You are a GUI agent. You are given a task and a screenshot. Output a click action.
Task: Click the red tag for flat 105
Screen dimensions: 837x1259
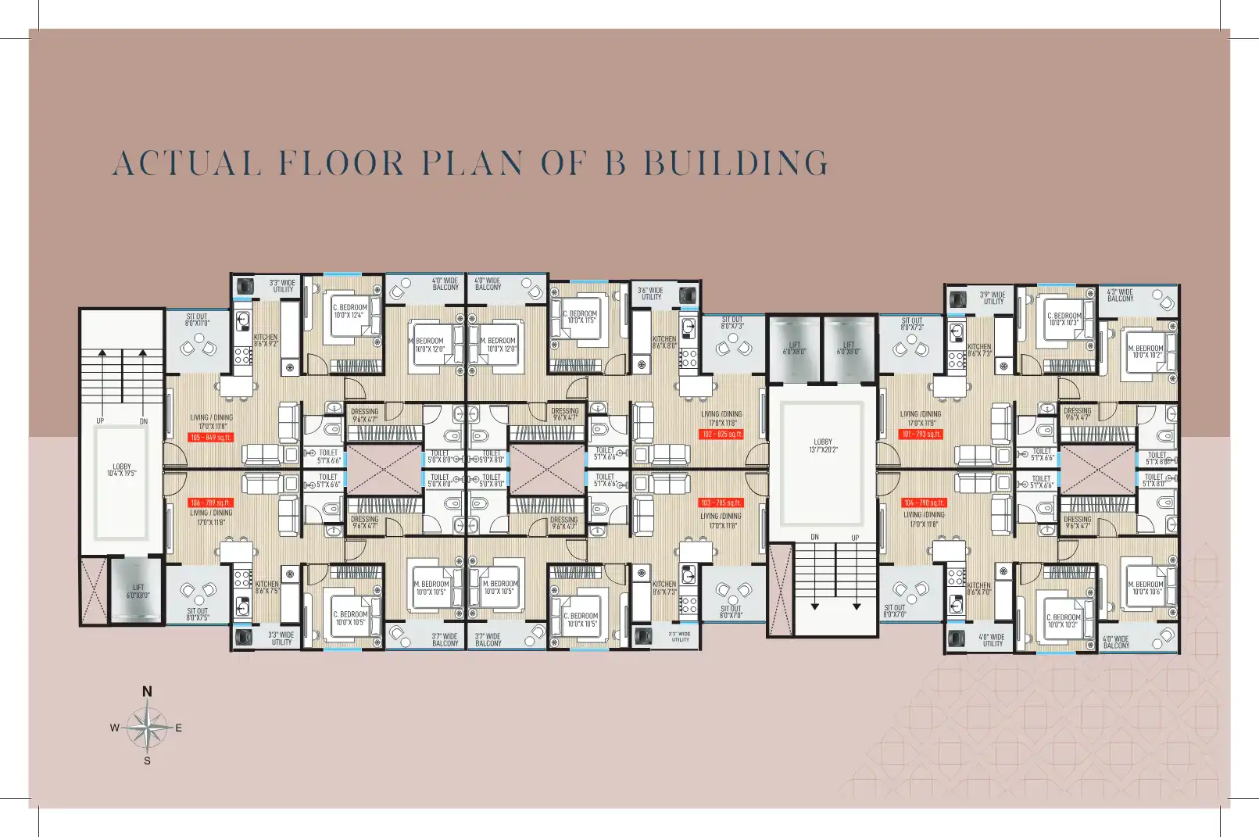[210, 438]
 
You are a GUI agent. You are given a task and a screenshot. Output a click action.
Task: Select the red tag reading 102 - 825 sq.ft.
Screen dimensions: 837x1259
[721, 435]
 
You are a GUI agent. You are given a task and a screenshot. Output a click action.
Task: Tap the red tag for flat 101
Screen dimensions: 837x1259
[922, 435]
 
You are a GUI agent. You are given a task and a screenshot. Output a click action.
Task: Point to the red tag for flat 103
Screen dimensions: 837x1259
[721, 503]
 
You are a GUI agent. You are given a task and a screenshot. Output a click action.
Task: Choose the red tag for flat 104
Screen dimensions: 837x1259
[924, 503]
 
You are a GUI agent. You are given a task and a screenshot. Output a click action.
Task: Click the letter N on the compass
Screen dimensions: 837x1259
[147, 692]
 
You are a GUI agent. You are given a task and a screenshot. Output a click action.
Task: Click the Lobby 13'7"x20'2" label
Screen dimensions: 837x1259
[823, 445]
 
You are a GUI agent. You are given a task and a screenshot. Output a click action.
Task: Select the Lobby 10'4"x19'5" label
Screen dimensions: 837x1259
[122, 470]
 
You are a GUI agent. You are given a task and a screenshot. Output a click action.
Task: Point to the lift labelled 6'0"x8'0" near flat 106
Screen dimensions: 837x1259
[138, 591]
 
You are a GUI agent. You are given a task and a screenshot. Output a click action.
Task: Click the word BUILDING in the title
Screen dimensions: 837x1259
[735, 163]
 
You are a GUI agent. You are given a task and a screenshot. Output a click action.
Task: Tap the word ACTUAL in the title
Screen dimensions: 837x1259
[185, 163]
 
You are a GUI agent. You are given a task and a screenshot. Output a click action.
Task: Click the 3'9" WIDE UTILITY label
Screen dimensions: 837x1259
[993, 298]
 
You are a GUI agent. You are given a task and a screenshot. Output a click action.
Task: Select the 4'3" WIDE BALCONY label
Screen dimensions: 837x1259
[1119, 295]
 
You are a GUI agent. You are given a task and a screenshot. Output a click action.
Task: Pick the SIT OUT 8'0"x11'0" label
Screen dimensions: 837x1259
[197, 320]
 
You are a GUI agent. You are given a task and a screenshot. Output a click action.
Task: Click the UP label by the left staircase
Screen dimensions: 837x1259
[100, 421]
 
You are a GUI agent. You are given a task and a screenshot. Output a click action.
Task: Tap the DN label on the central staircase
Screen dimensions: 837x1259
[814, 537]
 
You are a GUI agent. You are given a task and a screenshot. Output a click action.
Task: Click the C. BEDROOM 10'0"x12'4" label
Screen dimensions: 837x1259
[349, 311]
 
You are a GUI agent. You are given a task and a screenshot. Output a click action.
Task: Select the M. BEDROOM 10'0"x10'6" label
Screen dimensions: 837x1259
[1144, 588]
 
